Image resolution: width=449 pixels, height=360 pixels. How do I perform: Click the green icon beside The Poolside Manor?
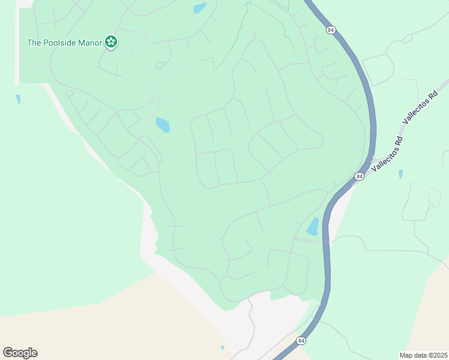[110, 42]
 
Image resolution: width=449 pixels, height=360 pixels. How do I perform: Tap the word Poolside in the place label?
[62, 43]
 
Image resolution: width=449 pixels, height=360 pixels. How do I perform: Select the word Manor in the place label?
[90, 43]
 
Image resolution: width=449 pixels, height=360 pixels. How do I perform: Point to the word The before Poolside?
[34, 43]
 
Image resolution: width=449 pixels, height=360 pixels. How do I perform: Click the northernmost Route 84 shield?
[331, 29]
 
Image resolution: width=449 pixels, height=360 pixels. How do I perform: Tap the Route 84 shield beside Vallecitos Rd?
[359, 176]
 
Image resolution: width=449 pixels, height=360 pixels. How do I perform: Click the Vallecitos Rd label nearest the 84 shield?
[387, 155]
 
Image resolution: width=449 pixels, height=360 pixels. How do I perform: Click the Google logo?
[20, 353]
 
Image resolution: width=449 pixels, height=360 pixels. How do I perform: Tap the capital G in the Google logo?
[8, 353]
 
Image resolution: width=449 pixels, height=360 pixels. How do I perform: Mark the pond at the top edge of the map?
[199, 8]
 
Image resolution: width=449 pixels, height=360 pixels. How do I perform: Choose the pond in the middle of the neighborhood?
[163, 125]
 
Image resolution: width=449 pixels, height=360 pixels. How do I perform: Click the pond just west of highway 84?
[313, 227]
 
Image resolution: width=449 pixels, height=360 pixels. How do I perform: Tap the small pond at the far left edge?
[18, 100]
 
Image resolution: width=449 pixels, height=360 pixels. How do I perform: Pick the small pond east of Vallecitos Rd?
[400, 174]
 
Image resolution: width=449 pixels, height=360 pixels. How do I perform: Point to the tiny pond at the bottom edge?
[222, 347]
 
